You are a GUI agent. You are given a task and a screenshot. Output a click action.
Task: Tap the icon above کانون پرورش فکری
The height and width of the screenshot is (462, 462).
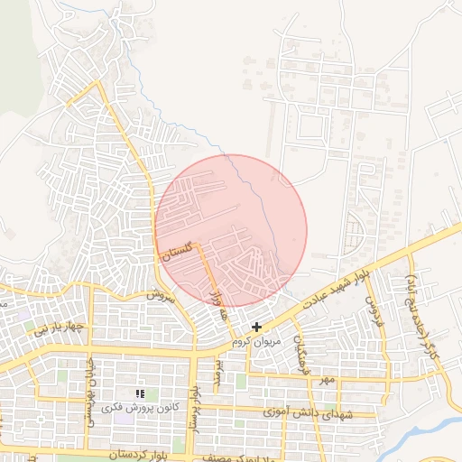139,393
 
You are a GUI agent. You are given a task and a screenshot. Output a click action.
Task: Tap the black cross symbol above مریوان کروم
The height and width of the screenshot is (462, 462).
257,327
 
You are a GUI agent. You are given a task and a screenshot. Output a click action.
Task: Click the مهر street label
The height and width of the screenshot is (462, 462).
324,382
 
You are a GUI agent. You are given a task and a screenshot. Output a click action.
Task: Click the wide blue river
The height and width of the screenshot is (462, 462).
424,431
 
